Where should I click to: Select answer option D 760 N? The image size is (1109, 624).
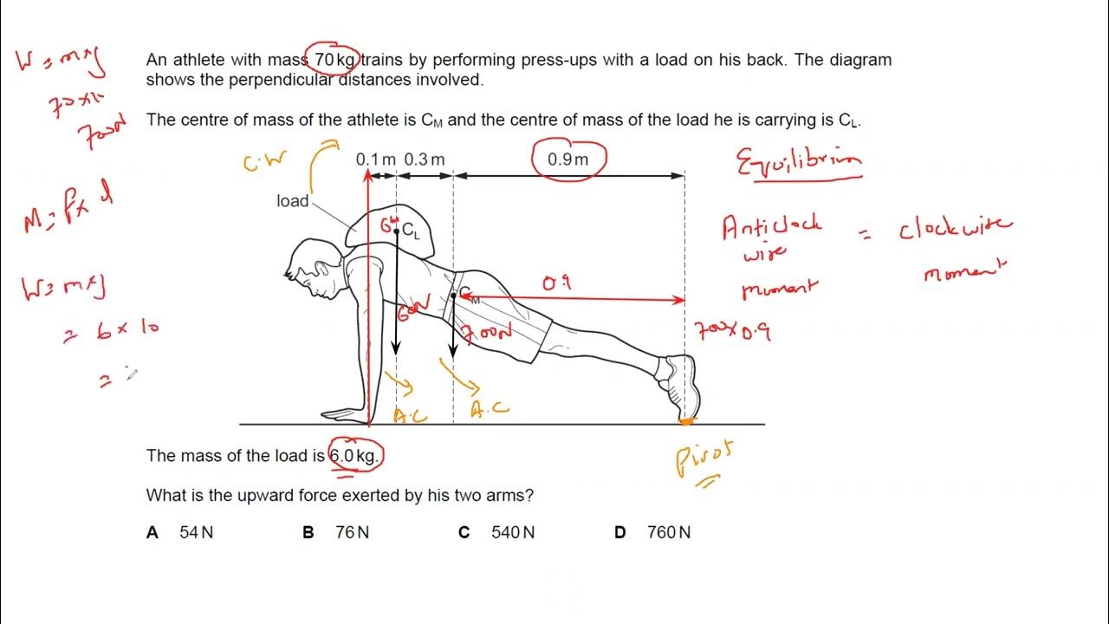[656, 532]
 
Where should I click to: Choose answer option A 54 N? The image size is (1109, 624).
[180, 532]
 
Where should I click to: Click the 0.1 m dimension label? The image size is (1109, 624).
[375, 159]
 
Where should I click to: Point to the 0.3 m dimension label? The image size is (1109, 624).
[425, 159]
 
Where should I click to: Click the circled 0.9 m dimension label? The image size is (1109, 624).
[568, 159]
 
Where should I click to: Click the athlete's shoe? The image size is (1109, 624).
[682, 385]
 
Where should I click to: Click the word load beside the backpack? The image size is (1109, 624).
[292, 201]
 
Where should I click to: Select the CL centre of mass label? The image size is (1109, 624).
[412, 231]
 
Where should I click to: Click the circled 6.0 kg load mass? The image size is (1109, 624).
[355, 456]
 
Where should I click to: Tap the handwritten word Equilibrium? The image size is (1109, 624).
[799, 162]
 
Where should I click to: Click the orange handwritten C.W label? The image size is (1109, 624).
[263, 162]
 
